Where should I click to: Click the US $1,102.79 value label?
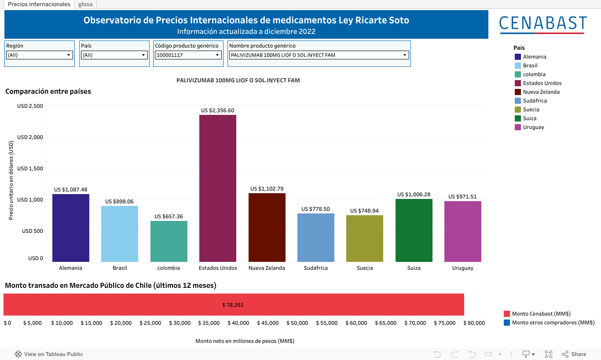point(267,189)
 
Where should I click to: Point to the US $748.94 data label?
point(364,211)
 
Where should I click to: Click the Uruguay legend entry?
point(533,127)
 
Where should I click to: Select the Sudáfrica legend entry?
point(535,101)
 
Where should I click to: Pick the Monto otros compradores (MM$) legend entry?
point(553,323)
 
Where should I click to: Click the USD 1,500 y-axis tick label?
point(30,169)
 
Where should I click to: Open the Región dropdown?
point(40,55)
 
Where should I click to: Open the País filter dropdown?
point(114,55)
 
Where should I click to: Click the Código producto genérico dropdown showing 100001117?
point(188,55)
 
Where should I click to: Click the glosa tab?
point(85,4)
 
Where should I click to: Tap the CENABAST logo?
point(543,24)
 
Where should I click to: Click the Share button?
point(574,354)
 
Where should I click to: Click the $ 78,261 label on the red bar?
point(233,305)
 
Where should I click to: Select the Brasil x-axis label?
point(120,268)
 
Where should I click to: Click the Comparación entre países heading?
point(48,92)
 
